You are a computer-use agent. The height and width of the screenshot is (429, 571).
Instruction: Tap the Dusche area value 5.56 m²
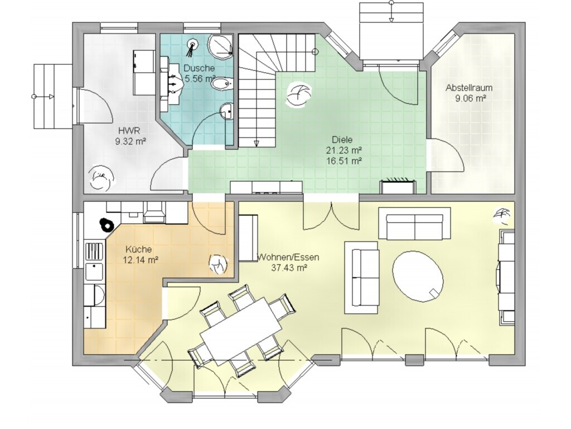[x=200, y=78]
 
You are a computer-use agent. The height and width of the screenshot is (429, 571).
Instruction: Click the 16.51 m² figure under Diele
[x=343, y=160]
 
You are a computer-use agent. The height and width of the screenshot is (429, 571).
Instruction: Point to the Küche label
[x=138, y=250]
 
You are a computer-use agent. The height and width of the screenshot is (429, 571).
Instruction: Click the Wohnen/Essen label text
[x=288, y=257]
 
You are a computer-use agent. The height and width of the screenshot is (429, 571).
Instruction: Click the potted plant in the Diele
[x=299, y=94]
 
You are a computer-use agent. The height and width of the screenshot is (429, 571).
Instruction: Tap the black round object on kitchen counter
[x=107, y=225]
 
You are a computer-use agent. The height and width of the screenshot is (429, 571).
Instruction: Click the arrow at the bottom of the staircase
[x=257, y=142]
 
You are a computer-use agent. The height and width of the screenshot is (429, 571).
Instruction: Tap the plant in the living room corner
[x=503, y=216]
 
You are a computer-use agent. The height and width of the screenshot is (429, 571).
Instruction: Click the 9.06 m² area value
[x=471, y=98]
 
